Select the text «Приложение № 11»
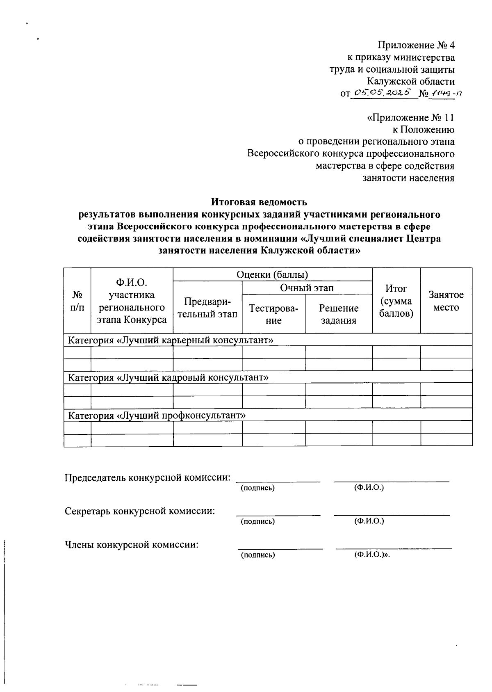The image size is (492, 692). click(410, 118)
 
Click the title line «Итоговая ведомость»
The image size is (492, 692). click(259, 202)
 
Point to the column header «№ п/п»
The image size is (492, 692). click(77, 301)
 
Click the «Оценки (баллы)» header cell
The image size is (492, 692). click(272, 274)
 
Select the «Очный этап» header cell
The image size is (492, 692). click(307, 288)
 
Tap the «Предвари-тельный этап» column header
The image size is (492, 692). click(207, 308)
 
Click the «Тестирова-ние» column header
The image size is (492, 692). click(273, 314)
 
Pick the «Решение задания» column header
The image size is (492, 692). click(339, 314)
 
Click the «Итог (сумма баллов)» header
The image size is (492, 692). click(396, 301)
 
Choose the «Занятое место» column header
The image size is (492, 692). click(446, 301)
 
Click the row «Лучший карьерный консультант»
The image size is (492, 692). click(170, 340)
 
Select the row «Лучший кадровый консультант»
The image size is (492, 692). click(168, 377)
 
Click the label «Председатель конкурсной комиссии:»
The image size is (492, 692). click(147, 478)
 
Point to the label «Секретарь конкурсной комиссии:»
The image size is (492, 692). click(140, 511)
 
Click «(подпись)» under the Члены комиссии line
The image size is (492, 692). click(257, 555)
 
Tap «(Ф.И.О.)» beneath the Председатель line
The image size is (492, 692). click(369, 488)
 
